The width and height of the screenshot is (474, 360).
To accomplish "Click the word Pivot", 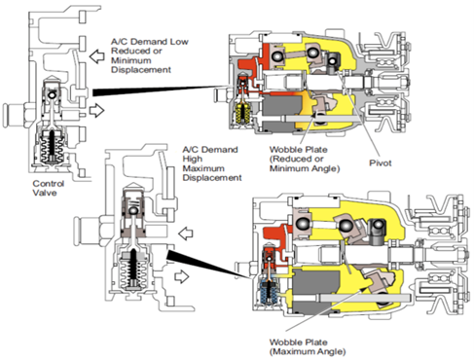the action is [381, 162].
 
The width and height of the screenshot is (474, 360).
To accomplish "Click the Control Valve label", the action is [49, 188].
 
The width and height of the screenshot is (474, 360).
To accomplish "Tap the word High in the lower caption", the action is [193, 159].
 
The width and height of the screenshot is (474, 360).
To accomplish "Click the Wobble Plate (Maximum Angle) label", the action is [308, 346].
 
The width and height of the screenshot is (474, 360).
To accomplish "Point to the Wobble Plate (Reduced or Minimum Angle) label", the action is [305, 159].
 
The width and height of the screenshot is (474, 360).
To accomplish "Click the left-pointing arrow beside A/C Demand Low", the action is [96, 56].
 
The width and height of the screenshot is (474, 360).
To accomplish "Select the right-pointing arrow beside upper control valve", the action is [96, 110].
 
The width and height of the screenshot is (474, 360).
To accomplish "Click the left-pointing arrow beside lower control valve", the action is [186, 234].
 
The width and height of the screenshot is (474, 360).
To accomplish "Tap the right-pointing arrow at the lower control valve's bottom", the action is [182, 276].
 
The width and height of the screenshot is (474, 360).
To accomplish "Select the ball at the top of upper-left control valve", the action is [52, 95].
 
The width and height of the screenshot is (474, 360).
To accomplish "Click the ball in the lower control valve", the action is [133, 211].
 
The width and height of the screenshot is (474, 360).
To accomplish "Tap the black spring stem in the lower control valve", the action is [133, 266].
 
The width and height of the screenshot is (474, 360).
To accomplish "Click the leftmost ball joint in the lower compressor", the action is [303, 224].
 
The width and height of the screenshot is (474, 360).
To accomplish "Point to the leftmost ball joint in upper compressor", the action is [277, 56].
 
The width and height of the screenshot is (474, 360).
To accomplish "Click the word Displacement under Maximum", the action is [212, 178].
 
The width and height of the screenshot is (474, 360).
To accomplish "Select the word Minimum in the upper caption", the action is [131, 60].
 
